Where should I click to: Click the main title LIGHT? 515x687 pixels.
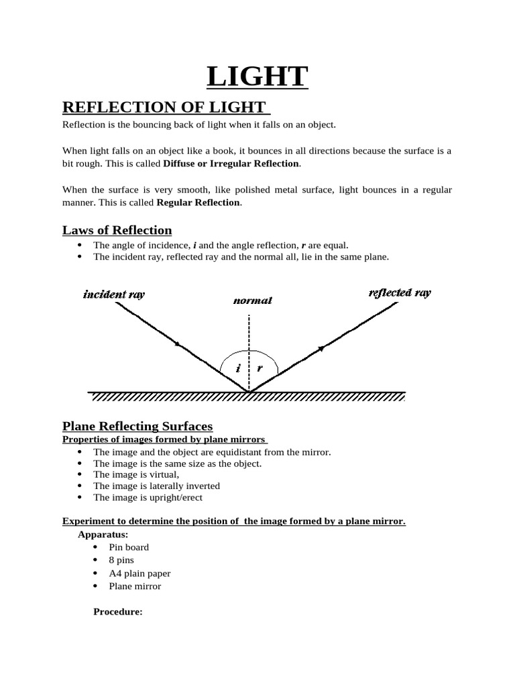257,76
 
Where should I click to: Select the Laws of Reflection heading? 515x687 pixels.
117,230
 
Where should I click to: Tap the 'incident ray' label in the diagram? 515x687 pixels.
114,294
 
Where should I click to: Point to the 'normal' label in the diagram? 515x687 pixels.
253,301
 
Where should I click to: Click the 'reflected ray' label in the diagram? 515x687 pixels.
400,293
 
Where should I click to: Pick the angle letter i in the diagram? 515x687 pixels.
238,368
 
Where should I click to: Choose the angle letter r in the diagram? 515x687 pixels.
260,368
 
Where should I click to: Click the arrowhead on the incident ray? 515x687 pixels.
177,344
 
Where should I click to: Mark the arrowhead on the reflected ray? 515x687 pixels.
321,348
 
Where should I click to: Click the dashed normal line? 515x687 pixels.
249,353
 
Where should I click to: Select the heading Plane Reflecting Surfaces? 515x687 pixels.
137,426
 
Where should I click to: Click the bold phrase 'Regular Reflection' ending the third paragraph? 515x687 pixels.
198,203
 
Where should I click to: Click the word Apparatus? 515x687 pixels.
103,535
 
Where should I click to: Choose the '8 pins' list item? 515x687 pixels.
121,560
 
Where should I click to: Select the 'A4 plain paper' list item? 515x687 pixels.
139,573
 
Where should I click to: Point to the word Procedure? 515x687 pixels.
118,612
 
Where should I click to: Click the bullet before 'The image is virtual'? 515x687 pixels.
79,474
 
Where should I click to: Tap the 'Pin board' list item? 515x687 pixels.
129,547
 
